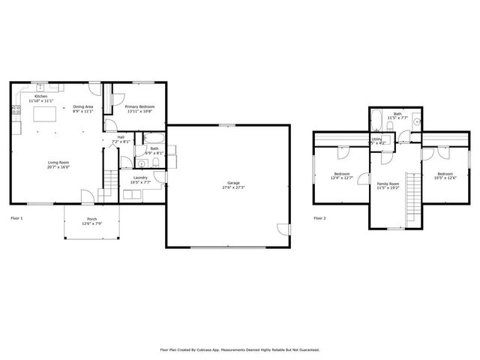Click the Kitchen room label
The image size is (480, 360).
tap(40, 96)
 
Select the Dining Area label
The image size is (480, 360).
tap(83, 107)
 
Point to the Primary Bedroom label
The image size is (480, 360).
tap(139, 107)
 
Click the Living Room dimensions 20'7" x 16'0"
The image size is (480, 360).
tap(59, 167)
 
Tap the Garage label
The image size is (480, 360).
tap(234, 182)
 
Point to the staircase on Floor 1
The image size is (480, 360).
tap(109, 181)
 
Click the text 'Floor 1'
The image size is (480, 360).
tap(16, 218)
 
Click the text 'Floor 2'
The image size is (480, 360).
tap(319, 218)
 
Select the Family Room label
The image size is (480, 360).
tap(388, 184)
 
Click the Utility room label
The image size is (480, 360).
tap(377, 139)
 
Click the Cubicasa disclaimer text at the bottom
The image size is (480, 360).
tap(240, 349)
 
